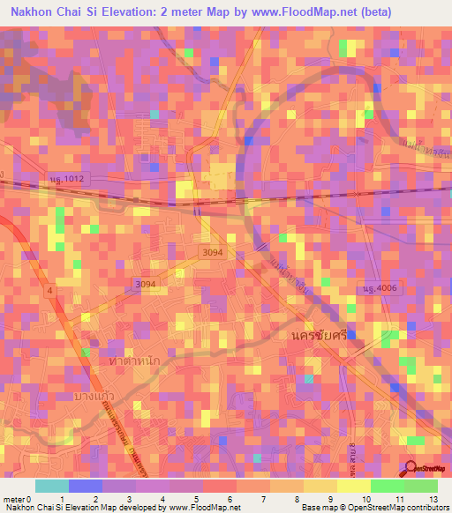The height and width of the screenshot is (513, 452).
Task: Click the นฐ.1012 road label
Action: pyautogui.click(x=67, y=180)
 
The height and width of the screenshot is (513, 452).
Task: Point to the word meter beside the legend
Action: pyautogui.click(x=13, y=499)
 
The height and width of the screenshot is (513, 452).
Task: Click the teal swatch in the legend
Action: pyautogui.click(x=51, y=486)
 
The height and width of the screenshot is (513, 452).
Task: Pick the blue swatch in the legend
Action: pyautogui.click(x=86, y=486)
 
